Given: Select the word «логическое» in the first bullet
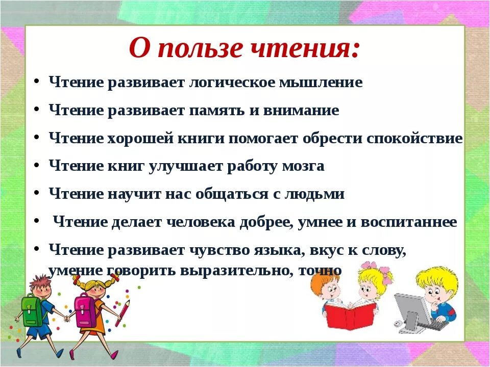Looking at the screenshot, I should click(x=226, y=83).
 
